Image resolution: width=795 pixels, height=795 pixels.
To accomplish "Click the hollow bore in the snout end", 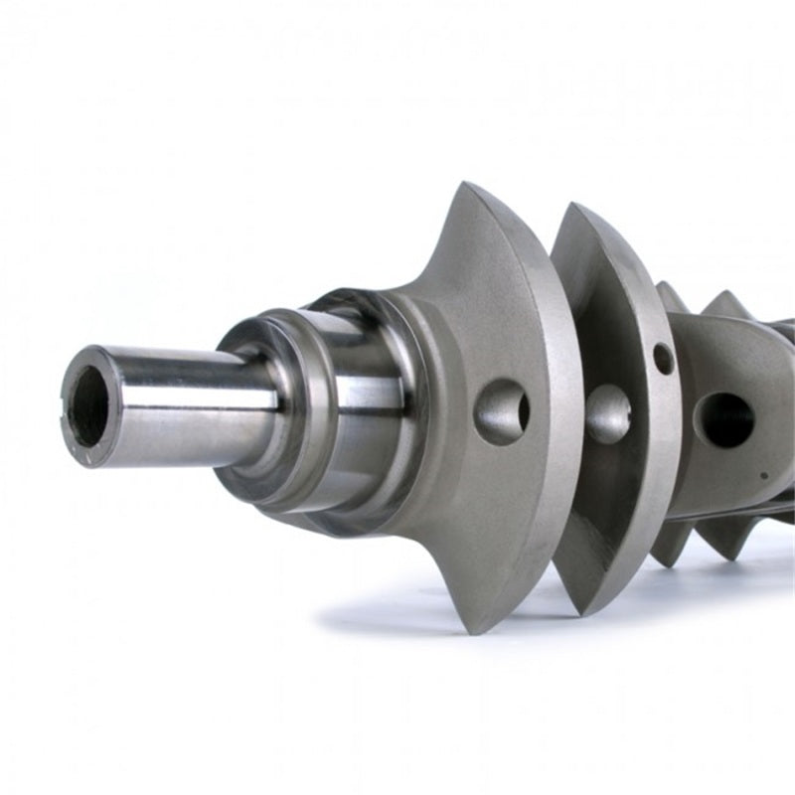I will tap(90, 404).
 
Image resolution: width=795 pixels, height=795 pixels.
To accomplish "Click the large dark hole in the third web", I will tap(723, 418).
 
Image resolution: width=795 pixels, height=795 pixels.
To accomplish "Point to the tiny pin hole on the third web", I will tap(762, 475).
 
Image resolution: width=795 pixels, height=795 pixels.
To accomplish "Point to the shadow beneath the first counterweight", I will tap(417, 621).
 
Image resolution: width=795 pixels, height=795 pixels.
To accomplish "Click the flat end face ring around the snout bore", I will tap(75, 417).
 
